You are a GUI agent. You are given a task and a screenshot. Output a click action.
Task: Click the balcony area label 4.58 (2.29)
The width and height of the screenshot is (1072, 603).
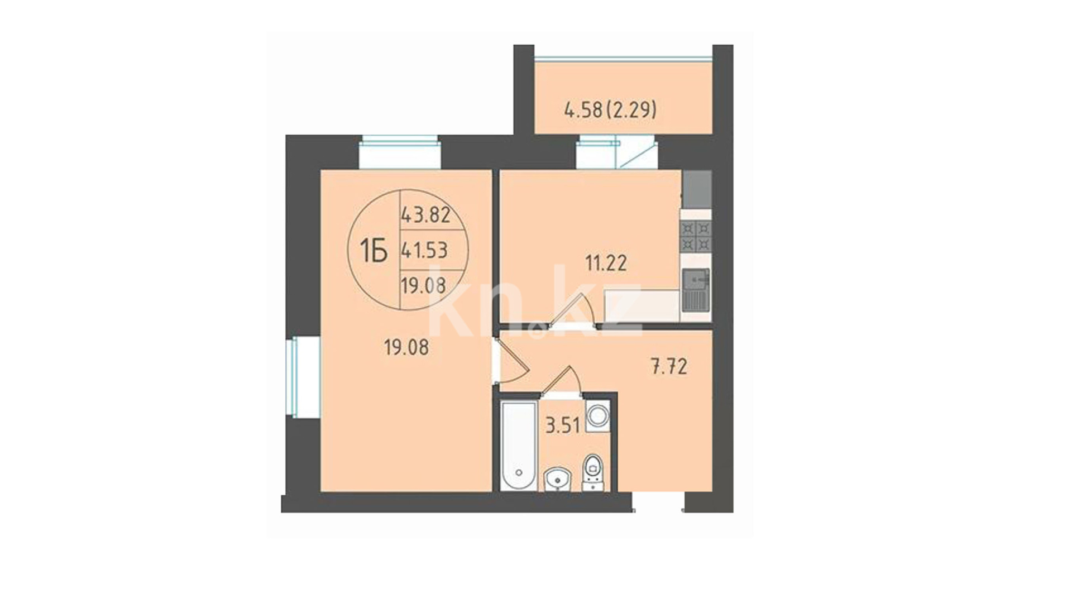point(610,110)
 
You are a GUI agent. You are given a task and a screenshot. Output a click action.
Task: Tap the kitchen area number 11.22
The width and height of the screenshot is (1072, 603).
point(606,262)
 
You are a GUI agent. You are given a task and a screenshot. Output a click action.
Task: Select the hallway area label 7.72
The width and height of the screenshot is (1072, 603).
point(669,367)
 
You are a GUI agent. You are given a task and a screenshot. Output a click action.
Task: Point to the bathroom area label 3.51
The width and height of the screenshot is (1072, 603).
point(563,427)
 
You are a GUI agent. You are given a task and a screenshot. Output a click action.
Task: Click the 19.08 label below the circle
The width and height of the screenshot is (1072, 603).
point(406,348)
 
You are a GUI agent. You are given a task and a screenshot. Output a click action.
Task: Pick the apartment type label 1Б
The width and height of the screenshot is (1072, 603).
point(374,249)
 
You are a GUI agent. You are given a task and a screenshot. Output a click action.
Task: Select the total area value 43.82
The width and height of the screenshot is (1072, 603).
point(425,214)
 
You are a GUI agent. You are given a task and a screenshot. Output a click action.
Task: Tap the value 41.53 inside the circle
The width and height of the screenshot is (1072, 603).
point(424,250)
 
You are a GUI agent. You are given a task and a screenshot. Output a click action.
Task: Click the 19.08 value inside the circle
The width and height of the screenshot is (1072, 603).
point(423,286)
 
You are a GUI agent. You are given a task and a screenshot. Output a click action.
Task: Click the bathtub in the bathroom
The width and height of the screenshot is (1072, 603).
point(519,445)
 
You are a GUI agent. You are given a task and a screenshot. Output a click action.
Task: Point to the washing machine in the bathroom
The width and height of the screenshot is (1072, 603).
point(597,416)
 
